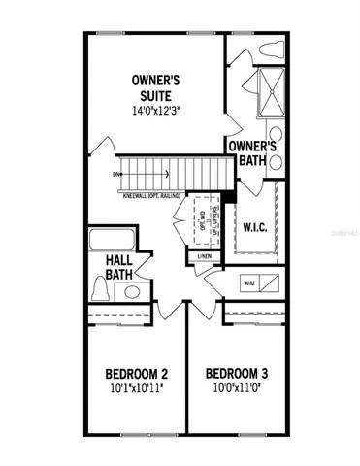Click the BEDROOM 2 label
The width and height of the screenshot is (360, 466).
click(x=137, y=373)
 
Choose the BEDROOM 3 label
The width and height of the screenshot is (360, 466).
click(x=237, y=373)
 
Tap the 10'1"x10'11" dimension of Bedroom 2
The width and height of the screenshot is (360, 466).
click(x=137, y=389)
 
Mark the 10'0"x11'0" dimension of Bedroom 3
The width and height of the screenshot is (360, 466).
click(x=237, y=389)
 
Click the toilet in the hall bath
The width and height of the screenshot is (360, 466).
click(x=102, y=290)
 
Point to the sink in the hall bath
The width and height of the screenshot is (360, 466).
click(x=132, y=290)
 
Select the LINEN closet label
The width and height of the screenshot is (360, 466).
click(x=204, y=256)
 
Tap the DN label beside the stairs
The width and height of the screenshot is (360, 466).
click(x=117, y=175)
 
